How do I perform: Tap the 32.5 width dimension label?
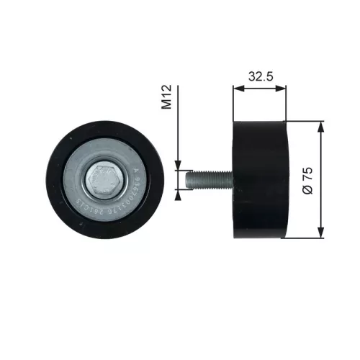[x=260, y=76]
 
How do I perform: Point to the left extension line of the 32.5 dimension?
[x=233, y=108]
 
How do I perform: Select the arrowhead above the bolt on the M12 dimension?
[x=178, y=163]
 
